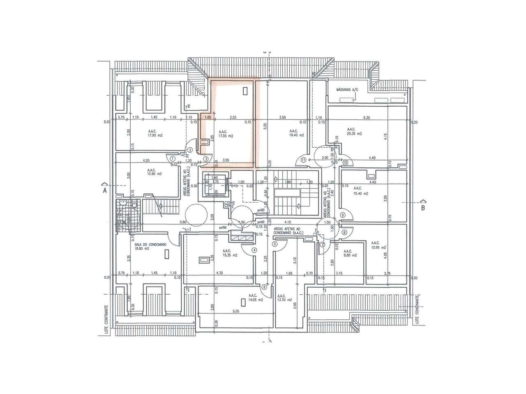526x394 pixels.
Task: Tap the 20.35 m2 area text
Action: tap(354, 133)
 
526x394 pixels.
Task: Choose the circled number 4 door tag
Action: tap(254, 250)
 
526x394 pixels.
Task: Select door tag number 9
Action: tap(342, 214)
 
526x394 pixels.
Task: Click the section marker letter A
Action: tap(105, 190)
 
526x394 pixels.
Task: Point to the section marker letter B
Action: tap(422, 207)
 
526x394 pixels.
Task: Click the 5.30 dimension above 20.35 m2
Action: tap(367, 117)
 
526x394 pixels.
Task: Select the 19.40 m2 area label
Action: tap(296, 135)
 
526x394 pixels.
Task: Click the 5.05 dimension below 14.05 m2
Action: tap(235, 312)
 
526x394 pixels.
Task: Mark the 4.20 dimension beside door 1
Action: tap(145, 160)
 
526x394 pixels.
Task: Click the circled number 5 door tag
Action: tap(275, 244)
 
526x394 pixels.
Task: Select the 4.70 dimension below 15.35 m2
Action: tap(219, 273)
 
